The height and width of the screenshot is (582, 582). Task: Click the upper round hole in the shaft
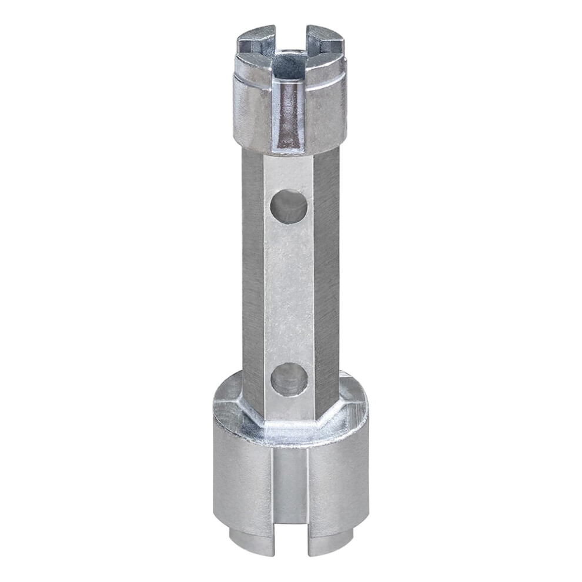coord(289,206)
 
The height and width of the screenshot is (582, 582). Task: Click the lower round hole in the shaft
coord(289,379)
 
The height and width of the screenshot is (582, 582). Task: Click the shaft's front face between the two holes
coord(289,294)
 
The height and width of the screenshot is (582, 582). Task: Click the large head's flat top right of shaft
coord(353,406)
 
